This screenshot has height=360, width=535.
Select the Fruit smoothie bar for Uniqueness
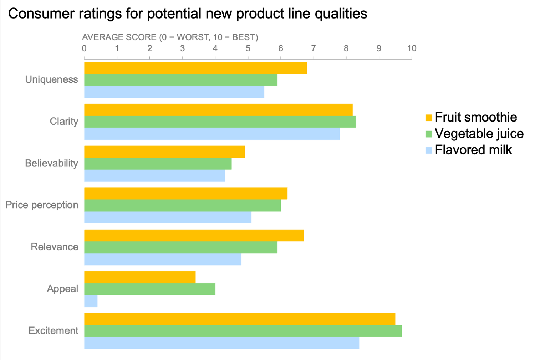(195, 68)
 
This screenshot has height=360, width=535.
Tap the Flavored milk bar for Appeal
(91, 301)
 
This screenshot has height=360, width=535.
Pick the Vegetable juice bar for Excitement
(243, 331)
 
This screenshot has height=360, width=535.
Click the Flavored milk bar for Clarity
(212, 134)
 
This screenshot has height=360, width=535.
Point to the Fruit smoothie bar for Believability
(164, 151)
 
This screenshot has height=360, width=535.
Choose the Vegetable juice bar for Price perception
(182, 205)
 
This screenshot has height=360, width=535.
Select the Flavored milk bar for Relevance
(163, 259)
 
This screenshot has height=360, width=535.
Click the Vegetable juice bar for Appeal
(150, 289)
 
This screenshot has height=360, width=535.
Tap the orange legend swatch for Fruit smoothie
(429, 118)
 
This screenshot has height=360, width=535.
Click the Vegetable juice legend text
(479, 134)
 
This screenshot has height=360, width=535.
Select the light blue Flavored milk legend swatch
(429, 150)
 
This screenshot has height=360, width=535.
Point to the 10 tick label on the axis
(412, 48)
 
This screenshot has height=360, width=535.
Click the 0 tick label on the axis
(84, 48)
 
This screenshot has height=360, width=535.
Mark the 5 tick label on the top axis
(248, 48)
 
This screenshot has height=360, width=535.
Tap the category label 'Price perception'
(42, 205)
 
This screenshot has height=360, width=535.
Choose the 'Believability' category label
(51, 163)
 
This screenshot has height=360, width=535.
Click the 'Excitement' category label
(53, 331)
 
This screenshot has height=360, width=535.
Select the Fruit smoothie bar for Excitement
(240, 319)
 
